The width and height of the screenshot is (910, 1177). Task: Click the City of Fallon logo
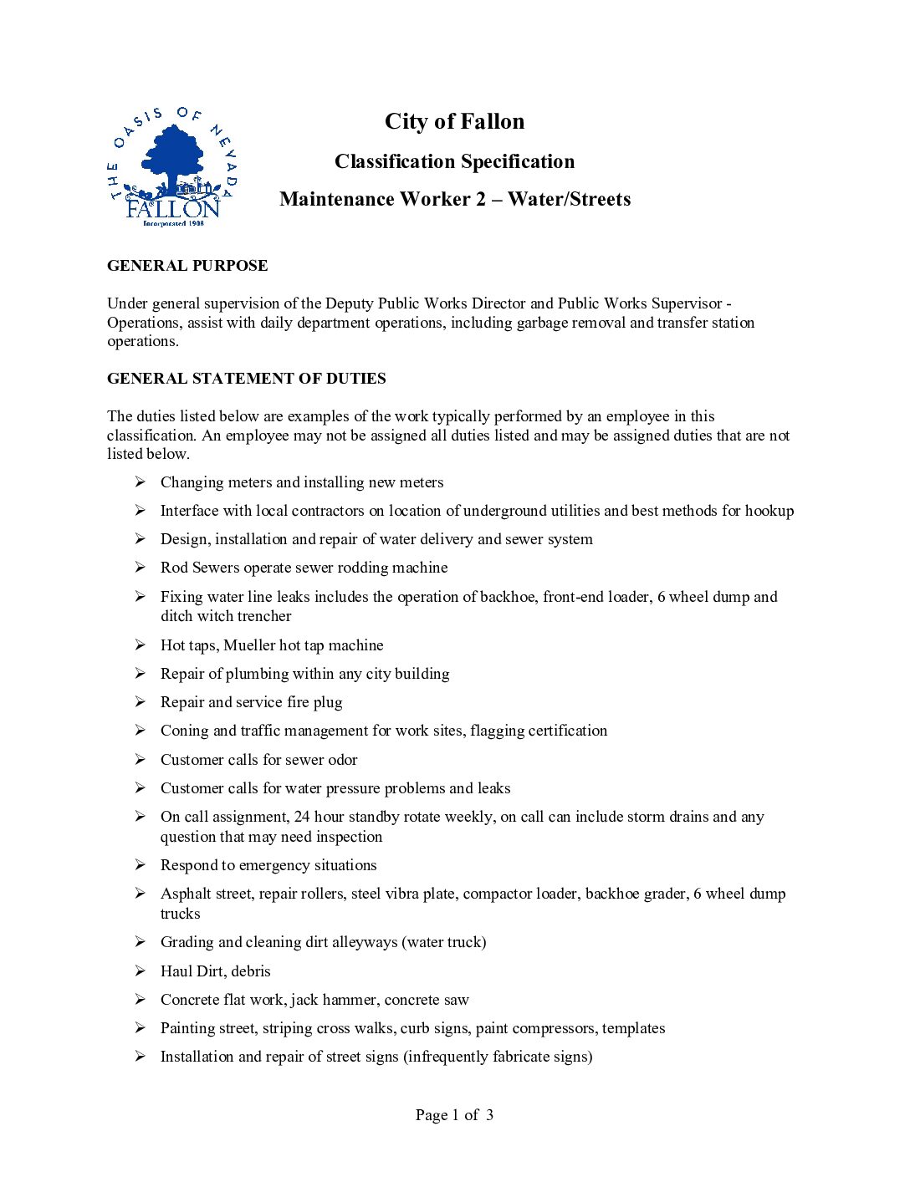point(173,167)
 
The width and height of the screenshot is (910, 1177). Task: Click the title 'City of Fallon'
point(454,122)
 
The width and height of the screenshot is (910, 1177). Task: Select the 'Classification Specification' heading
point(454,161)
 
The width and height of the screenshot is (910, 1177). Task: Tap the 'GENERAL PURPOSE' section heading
point(187,266)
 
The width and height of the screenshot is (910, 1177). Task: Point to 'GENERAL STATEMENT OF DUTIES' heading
point(247,379)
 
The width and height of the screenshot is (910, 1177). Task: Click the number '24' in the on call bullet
point(302,817)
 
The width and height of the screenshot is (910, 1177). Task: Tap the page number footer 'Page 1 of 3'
point(454,1115)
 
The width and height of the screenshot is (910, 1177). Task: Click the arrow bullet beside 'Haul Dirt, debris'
point(141,971)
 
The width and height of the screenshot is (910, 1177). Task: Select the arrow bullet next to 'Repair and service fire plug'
point(141,701)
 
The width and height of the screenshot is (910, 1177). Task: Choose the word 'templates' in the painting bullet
point(633,1028)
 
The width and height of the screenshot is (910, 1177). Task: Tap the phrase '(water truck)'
point(444,942)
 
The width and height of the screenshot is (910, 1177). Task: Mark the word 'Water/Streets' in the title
point(569,199)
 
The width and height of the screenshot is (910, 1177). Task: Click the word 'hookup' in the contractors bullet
point(769,511)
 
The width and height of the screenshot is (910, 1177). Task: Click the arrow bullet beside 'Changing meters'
point(141,481)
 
